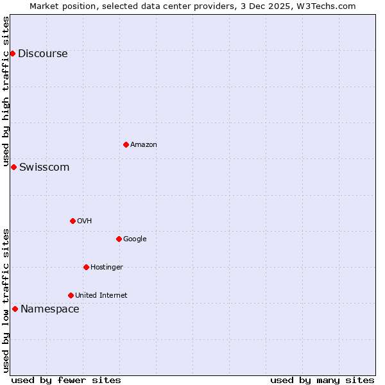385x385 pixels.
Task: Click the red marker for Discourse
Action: [x=12, y=53]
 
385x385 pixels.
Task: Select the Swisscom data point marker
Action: [x=13, y=167]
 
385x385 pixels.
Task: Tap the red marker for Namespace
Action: [x=15, y=309]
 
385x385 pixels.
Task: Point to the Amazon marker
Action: [x=126, y=144]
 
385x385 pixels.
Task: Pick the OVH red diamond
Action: [x=73, y=221]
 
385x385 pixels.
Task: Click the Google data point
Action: [x=119, y=239]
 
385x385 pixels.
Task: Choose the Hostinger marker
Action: [x=86, y=267]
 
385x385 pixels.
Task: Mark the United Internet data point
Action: [x=71, y=295]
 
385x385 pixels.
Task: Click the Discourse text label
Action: [x=43, y=54]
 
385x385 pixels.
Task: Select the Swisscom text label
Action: [x=44, y=167]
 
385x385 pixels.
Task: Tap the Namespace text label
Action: [x=50, y=309]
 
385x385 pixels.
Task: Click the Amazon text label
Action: [x=144, y=145]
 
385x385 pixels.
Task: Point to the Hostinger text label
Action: [x=107, y=268]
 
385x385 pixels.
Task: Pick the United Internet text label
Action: [x=101, y=296]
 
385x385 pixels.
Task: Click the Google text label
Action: [x=135, y=239]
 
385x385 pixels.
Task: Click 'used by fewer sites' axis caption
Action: [x=66, y=380]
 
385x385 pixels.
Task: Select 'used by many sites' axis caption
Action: [x=322, y=380]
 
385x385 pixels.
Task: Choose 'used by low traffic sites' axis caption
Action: [x=6, y=300]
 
